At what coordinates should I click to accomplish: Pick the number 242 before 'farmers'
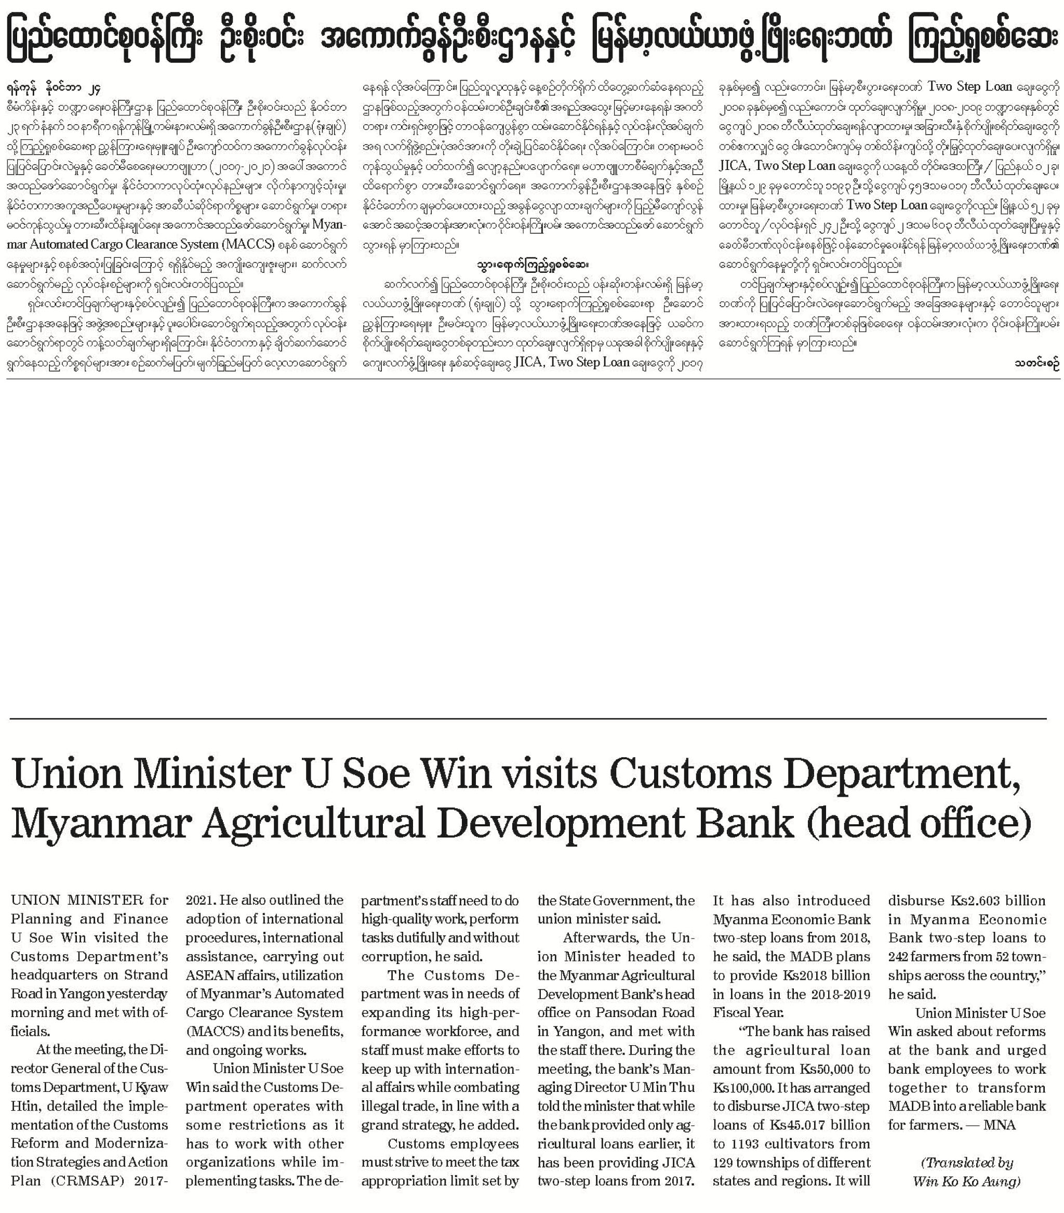901,957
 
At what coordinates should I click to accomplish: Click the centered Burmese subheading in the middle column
532,264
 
